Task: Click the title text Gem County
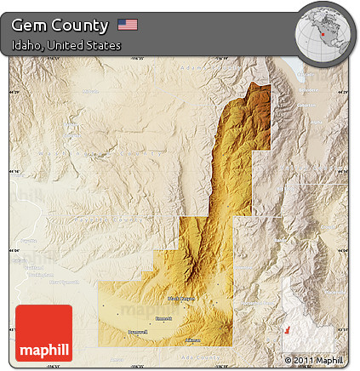60,25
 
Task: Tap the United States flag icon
128,25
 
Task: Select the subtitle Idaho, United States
66,44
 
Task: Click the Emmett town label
165,319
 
